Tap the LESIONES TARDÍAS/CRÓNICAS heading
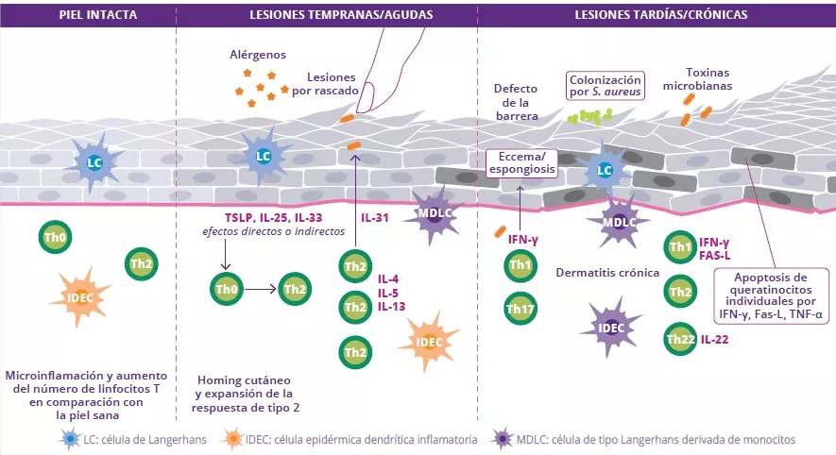661,15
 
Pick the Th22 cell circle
680,339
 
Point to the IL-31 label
376,217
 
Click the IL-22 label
715,339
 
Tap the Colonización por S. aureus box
606,86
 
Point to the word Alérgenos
257,55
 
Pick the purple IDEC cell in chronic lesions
611,328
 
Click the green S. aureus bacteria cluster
590,115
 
